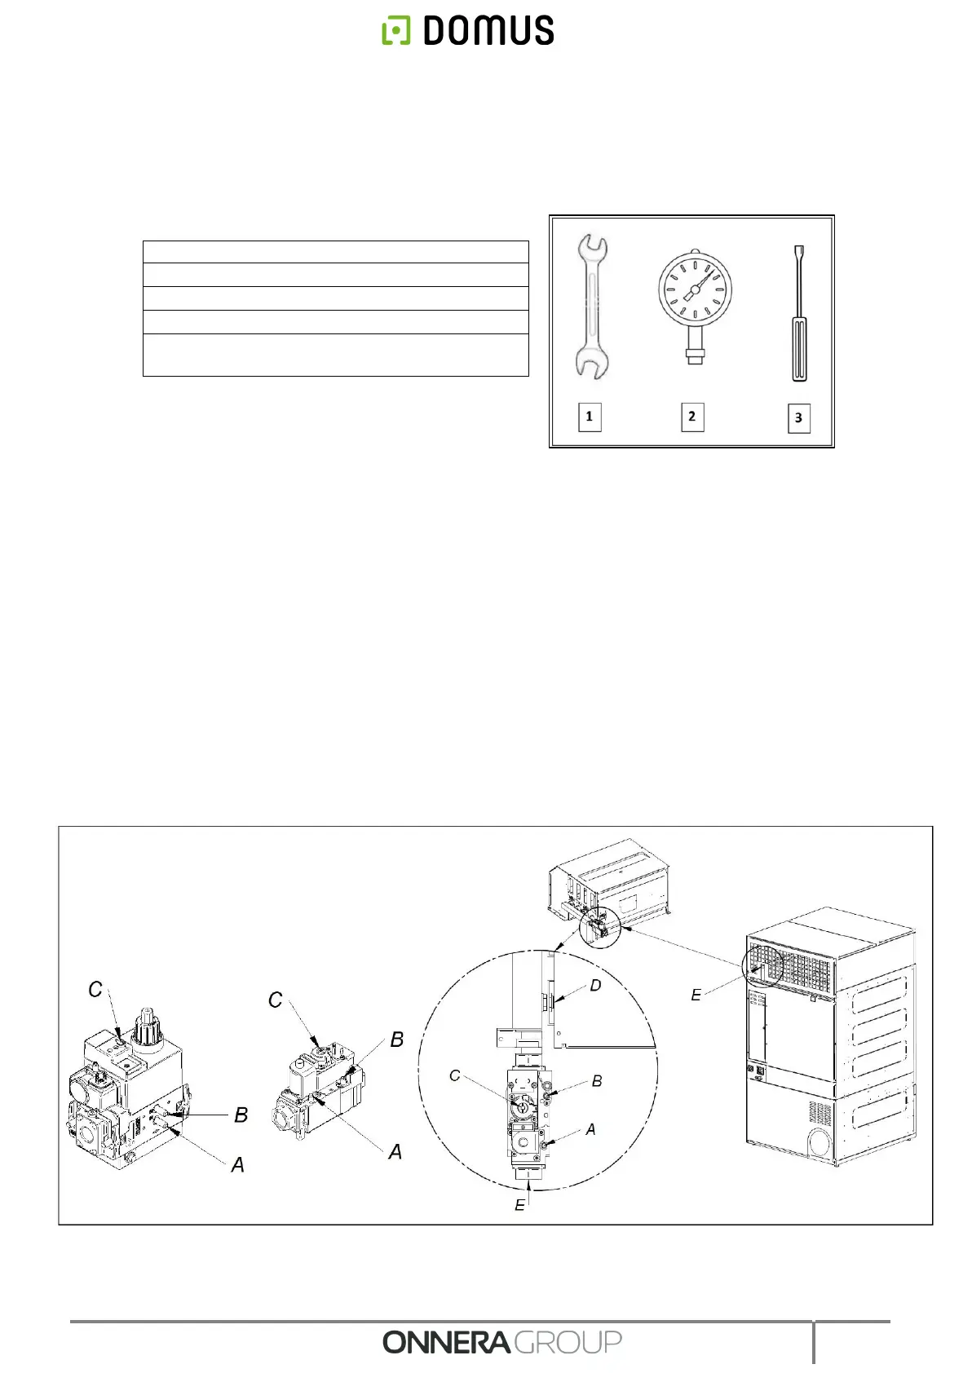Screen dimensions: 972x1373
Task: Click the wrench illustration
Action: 590,307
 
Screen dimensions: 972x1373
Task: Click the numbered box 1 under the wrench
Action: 589,417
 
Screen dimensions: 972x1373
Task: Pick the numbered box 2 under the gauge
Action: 691,417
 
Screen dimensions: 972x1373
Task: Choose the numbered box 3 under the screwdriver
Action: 798,418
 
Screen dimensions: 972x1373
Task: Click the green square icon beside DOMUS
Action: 396,31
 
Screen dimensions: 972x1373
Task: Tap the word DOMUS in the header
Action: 488,31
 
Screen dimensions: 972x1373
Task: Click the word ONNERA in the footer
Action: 446,1342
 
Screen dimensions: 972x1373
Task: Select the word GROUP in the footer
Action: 568,1342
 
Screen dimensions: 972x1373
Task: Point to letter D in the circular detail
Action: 595,986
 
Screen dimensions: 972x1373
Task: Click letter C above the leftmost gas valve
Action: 95,990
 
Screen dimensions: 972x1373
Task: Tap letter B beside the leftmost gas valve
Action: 241,1115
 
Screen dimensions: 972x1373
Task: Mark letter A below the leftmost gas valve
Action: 237,1165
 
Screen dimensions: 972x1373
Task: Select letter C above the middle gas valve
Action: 276,1000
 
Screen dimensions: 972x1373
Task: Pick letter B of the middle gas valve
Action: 397,1040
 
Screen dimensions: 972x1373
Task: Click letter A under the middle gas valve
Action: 395,1152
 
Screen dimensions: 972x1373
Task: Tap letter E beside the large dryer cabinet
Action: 696,995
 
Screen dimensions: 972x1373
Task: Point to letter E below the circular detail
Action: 519,1205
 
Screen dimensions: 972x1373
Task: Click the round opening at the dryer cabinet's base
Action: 820,1143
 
